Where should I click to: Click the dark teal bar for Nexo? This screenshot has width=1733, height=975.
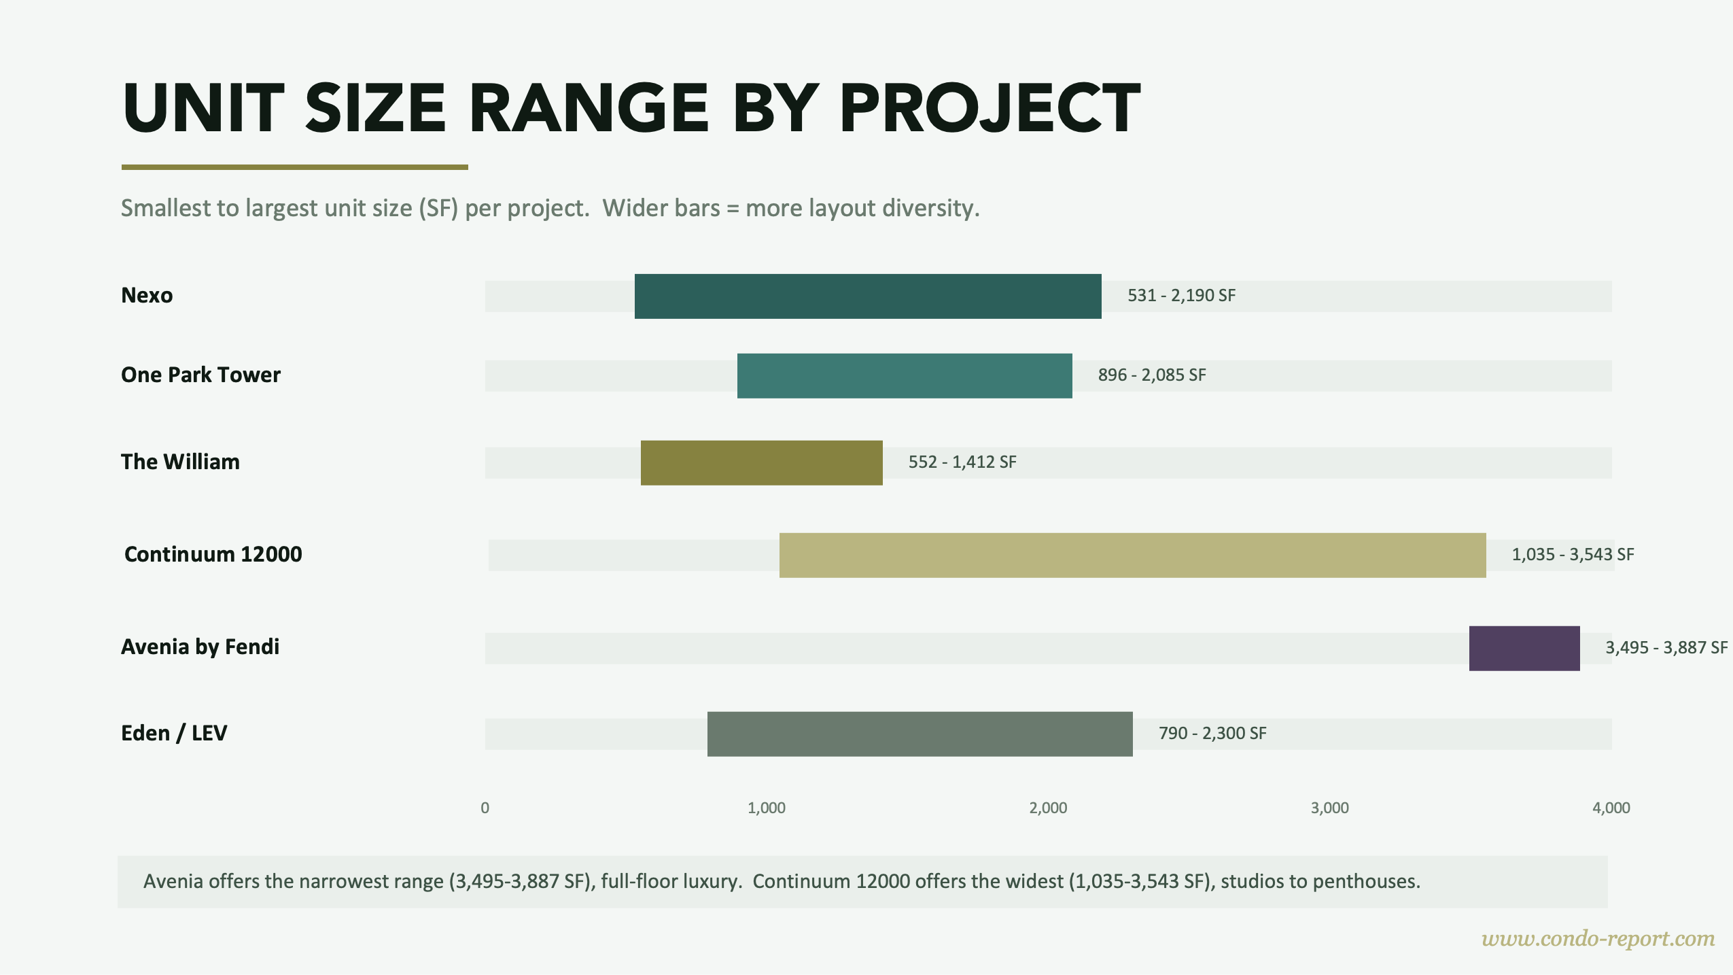[867, 296]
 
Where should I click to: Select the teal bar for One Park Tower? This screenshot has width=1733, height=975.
[904, 376]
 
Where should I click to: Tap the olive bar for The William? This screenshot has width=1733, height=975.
[761, 463]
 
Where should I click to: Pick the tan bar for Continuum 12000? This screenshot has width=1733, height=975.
[1132, 555]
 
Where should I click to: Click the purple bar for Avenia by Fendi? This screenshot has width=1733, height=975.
[1524, 649]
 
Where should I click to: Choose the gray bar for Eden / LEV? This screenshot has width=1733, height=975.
[920, 734]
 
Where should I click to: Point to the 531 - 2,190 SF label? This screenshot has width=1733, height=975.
[1181, 296]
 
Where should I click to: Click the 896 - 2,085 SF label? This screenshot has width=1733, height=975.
[1152, 375]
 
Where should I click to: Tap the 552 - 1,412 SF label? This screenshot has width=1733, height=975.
[962, 462]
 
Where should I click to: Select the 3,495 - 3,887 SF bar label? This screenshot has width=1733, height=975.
[1666, 647]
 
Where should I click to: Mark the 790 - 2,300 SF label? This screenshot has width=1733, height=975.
[1212, 734]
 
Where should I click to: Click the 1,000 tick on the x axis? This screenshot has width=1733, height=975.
[766, 808]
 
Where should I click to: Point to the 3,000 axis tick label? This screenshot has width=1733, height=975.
[1329, 808]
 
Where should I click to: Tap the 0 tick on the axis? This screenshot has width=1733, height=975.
[485, 808]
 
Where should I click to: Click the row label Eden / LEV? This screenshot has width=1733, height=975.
[174, 733]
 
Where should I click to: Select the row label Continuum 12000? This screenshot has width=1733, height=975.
[213, 554]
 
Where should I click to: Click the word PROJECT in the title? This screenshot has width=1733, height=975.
[990, 109]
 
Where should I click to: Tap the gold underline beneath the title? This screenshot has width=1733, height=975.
[294, 167]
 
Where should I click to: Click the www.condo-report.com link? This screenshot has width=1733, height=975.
[1598, 939]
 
